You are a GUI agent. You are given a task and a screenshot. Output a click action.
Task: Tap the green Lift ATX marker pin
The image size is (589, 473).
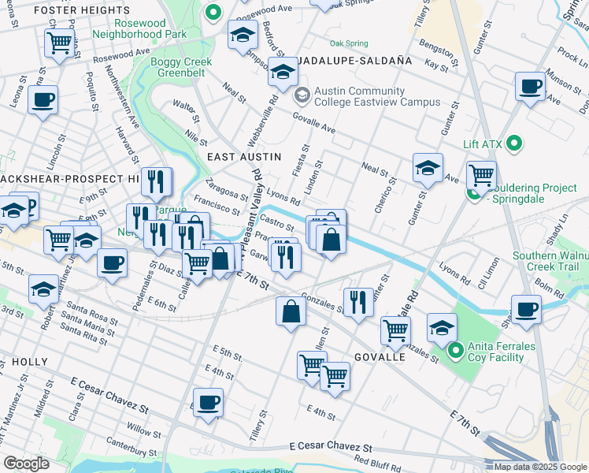pyautogui.click(x=515, y=143)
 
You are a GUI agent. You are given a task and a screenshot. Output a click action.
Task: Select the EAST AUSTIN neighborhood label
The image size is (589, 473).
pyautogui.click(x=243, y=157)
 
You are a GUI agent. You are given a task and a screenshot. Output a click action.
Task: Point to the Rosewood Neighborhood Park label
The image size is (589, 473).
pyautogui.click(x=139, y=28)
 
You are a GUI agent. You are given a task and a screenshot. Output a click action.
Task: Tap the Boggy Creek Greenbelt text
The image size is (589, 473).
pyautogui.click(x=176, y=68)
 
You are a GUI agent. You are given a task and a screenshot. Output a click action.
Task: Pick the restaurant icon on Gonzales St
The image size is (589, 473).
pyautogui.click(x=358, y=300)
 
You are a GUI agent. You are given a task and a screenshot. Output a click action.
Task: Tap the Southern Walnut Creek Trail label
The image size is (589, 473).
pyautogui.click(x=549, y=262)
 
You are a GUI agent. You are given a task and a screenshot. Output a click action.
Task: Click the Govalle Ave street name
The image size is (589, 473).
pyautogui.click(x=314, y=124)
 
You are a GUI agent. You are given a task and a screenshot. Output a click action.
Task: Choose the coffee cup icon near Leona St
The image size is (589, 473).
pyautogui.click(x=43, y=99)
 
